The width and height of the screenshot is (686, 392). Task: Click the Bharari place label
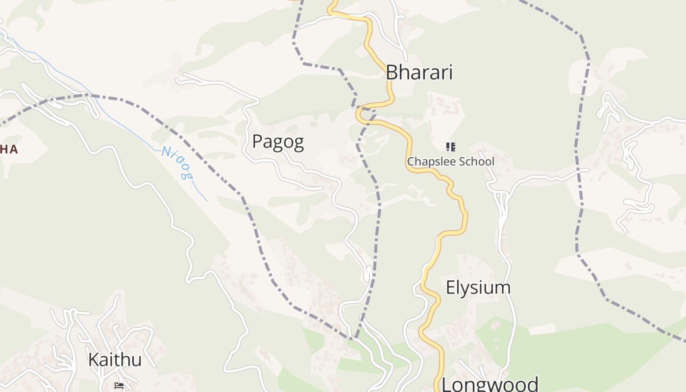419,73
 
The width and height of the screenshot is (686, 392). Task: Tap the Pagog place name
278,142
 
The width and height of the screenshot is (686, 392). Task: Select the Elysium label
478,288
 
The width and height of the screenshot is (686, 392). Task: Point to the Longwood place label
490,384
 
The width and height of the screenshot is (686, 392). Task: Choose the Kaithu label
115,360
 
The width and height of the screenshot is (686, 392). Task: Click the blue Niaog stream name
177,163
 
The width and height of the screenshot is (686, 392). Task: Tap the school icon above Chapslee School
451,147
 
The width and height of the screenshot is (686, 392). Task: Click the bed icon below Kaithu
119,386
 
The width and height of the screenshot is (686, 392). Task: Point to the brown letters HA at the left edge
9,149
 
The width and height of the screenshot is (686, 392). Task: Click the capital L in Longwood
447,384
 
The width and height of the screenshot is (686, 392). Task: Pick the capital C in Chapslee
411,161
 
